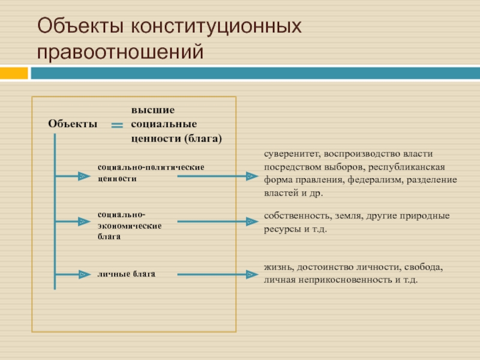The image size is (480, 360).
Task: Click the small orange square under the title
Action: click(x=14, y=73)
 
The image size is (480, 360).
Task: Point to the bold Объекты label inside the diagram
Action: click(x=72, y=123)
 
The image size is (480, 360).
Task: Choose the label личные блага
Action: click(x=127, y=274)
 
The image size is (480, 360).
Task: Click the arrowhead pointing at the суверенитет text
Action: click(x=251, y=176)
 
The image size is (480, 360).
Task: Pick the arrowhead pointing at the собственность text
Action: click(x=251, y=221)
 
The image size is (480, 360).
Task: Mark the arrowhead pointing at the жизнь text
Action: click(x=251, y=275)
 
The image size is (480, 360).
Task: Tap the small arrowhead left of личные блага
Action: click(x=82, y=275)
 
